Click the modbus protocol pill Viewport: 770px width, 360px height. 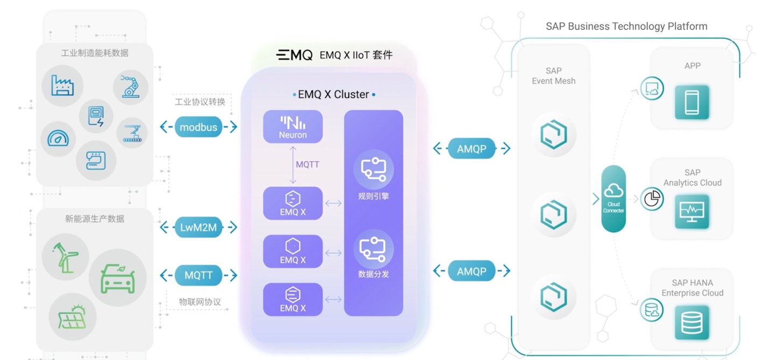pyautogui.click(x=199, y=127)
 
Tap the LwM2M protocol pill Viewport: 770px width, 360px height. pyautogui.click(x=199, y=227)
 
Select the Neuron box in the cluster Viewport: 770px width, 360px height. pyautogui.click(x=293, y=126)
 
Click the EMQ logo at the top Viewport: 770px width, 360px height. pyautogui.click(x=294, y=55)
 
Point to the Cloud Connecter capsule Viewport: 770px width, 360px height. pyautogui.click(x=613, y=199)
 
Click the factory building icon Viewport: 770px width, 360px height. pyautogui.click(x=62, y=85)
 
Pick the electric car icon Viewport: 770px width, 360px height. pyautogui.click(x=117, y=277)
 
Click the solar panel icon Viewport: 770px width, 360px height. pyautogui.click(x=73, y=317)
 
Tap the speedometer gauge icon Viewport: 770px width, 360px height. pyautogui.click(x=58, y=138)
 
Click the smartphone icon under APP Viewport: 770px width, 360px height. pyautogui.click(x=692, y=102)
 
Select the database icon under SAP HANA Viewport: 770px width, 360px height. pyautogui.click(x=692, y=323)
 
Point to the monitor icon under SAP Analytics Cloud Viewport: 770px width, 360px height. pyautogui.click(x=692, y=211)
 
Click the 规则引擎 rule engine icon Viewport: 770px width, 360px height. pyautogui.click(x=373, y=170)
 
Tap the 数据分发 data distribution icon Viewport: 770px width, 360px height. pyautogui.click(x=373, y=250)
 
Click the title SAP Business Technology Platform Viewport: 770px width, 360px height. pyautogui.click(x=626, y=26)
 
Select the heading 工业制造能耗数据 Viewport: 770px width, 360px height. pyautogui.click(x=95, y=53)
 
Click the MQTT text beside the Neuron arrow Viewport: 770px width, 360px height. pyautogui.click(x=307, y=164)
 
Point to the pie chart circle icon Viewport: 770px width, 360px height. pyautogui.click(x=652, y=199)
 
